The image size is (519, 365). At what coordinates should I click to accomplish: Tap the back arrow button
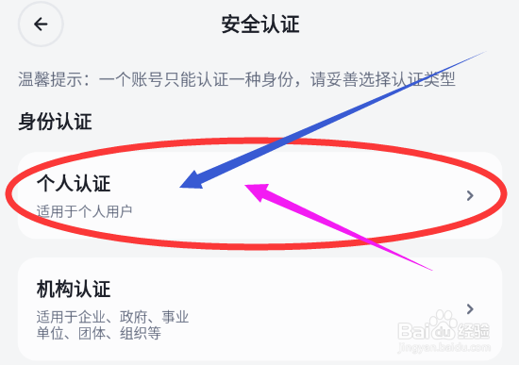[40, 25]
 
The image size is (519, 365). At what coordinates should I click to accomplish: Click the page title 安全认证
[259, 25]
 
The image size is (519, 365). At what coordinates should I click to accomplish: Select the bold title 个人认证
[74, 182]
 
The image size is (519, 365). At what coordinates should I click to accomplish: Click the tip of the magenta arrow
[248, 187]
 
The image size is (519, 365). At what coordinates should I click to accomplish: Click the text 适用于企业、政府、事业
[113, 315]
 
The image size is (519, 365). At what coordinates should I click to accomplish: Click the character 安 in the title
[230, 25]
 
